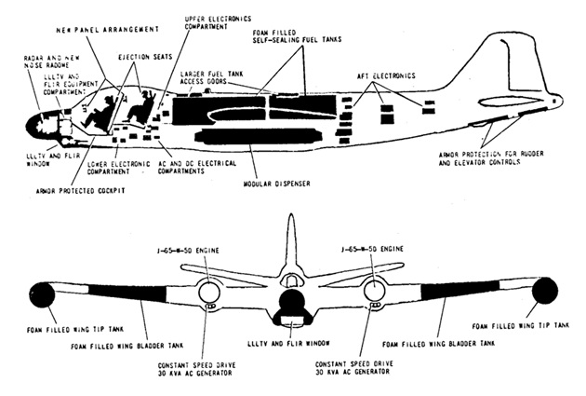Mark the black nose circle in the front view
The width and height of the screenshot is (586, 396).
pyautogui.click(x=292, y=304)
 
